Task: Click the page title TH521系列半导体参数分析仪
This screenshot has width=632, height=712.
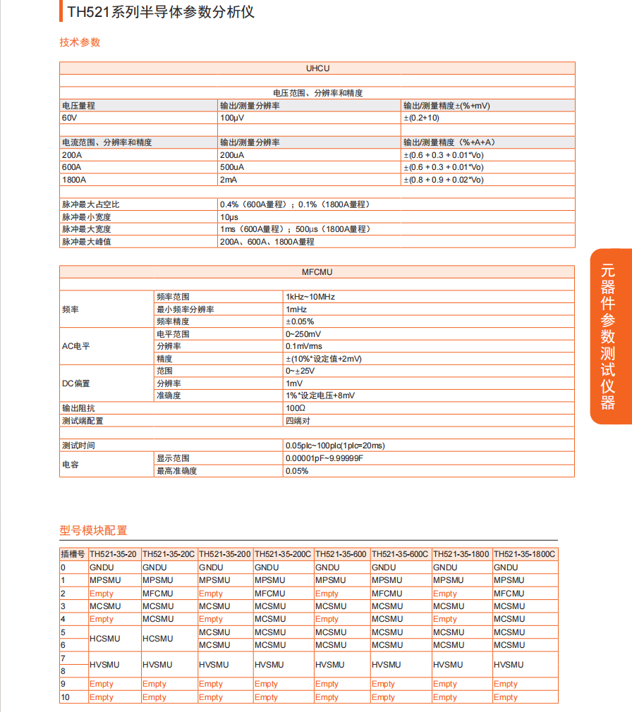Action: [x=161, y=12]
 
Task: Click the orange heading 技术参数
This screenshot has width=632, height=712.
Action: [x=80, y=42]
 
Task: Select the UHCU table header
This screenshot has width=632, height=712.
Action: [x=317, y=68]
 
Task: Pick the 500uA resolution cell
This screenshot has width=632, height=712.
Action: [x=232, y=167]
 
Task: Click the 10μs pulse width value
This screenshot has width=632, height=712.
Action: [x=229, y=217]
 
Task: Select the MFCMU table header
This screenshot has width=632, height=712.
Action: [x=317, y=272]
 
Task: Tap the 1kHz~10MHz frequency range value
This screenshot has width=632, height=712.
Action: [x=310, y=297]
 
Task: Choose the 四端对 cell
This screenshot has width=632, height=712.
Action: [x=297, y=421]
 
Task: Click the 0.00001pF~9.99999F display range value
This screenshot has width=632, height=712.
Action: [x=324, y=458]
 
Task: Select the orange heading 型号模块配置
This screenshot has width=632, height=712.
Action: [x=93, y=531]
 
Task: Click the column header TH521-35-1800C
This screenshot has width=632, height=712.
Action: [x=525, y=554]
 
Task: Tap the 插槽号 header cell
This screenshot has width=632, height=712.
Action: [x=73, y=554]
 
